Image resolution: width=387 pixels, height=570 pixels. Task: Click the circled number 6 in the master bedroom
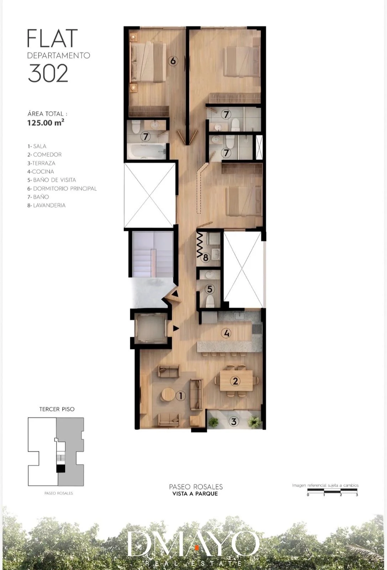click(173, 61)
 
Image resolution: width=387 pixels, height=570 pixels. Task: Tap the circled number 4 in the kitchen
click(226, 333)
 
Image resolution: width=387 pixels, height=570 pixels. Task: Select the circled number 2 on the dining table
click(235, 381)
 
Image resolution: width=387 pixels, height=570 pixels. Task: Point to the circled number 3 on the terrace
click(234, 422)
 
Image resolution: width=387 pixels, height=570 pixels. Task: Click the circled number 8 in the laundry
click(205, 258)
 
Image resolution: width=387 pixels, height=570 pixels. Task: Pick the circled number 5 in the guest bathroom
click(210, 289)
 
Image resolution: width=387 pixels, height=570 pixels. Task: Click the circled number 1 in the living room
click(181, 396)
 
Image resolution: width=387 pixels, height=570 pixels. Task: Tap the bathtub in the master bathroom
click(146, 151)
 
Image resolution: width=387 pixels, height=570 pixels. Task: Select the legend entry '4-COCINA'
click(41, 171)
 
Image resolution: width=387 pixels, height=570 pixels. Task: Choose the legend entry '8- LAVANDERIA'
click(47, 205)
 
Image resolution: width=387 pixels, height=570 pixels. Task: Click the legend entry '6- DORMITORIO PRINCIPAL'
click(62, 188)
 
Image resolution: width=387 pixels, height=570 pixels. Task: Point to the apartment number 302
click(48, 73)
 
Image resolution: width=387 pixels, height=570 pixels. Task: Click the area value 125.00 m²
click(46, 123)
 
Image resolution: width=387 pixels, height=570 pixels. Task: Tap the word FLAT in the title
click(52, 38)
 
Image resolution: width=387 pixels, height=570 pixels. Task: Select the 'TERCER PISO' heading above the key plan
click(57, 409)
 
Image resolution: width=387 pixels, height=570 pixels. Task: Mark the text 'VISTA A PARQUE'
click(195, 494)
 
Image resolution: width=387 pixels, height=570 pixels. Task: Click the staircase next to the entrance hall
click(153, 254)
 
